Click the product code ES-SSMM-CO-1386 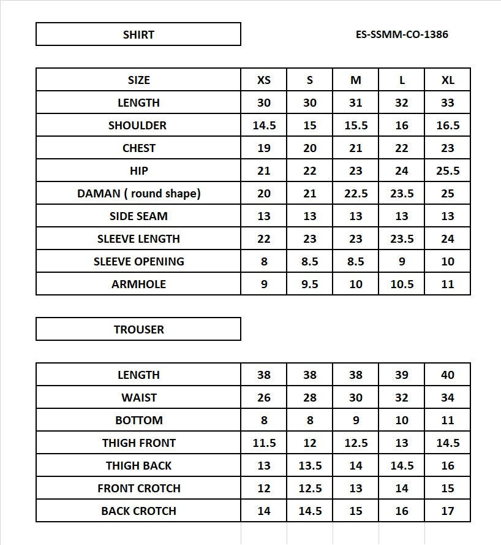pyautogui.click(x=402, y=34)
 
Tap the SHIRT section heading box pyautogui.click(x=138, y=34)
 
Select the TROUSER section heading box pyautogui.click(x=138, y=329)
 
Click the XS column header pyautogui.click(x=264, y=80)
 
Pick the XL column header pyautogui.click(x=448, y=80)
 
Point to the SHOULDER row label pyautogui.click(x=137, y=126)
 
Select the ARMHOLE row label pyautogui.click(x=138, y=284)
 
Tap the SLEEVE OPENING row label pyautogui.click(x=138, y=262)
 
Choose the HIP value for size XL pyautogui.click(x=448, y=171)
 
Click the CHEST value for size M pyautogui.click(x=356, y=148)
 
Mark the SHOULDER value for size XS pyautogui.click(x=264, y=126)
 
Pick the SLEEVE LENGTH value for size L pyautogui.click(x=402, y=239)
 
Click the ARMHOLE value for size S pyautogui.click(x=310, y=284)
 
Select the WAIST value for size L pyautogui.click(x=402, y=398)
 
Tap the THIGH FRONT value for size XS pyautogui.click(x=264, y=443)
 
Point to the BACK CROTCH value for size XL pyautogui.click(x=448, y=511)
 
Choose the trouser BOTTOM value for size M pyautogui.click(x=356, y=421)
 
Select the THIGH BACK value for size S pyautogui.click(x=310, y=466)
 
